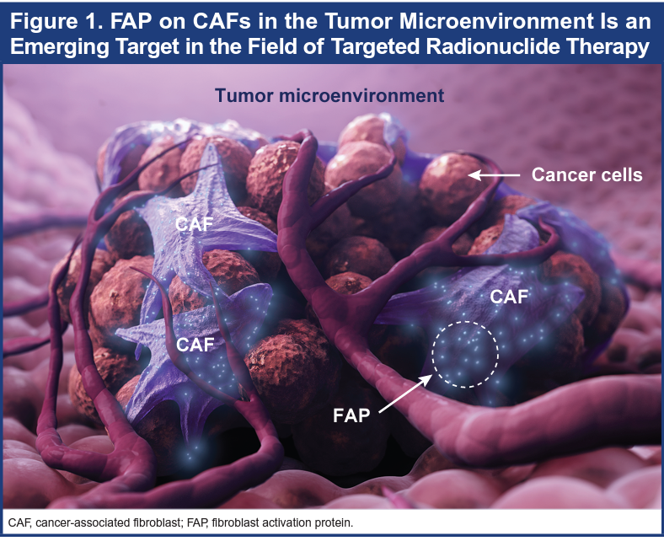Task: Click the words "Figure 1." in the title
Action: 56,21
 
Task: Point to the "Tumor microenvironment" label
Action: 329,95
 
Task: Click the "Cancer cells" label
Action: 587,174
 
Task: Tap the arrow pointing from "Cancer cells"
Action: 494,174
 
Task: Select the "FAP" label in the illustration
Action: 351,415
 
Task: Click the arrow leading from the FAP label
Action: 405,394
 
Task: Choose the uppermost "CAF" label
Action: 194,224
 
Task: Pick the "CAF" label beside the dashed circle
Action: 509,297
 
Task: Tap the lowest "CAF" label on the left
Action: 195,345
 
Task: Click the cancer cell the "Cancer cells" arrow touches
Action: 449,186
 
